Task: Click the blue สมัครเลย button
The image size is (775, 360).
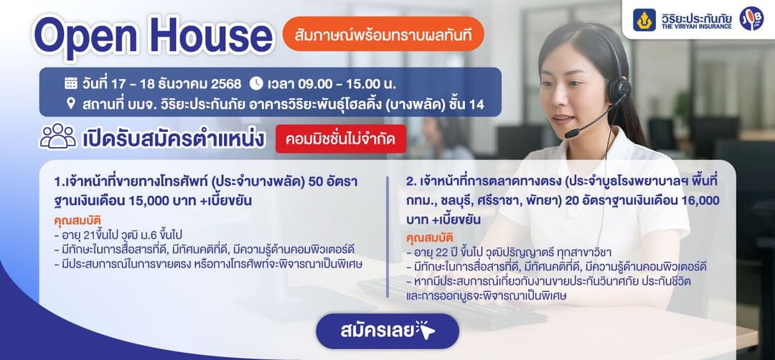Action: (x=387, y=331)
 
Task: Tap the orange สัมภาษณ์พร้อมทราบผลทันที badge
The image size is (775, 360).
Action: (x=383, y=36)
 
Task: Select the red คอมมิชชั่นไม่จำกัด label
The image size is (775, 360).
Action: (x=341, y=138)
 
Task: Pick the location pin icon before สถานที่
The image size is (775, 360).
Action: (x=71, y=103)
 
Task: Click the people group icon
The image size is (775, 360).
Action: (x=57, y=136)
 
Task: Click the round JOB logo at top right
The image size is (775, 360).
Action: (x=751, y=19)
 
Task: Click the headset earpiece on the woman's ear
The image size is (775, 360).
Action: (x=619, y=89)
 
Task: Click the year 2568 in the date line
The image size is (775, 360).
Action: (x=225, y=82)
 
